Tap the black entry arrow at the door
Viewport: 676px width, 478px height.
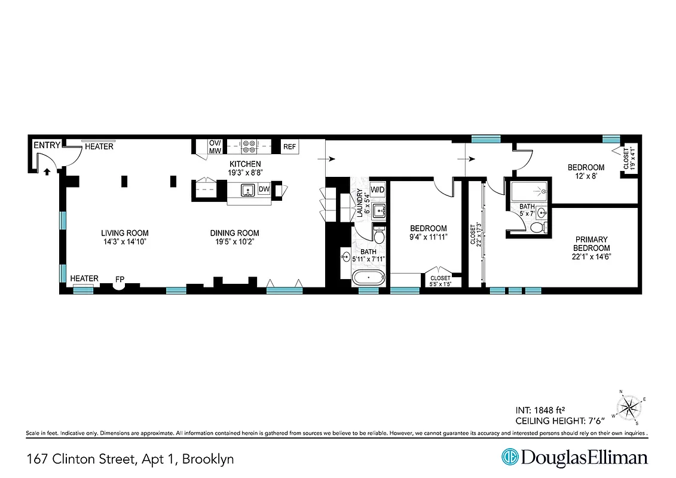(x=47, y=171)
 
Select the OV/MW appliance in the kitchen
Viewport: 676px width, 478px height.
(x=215, y=146)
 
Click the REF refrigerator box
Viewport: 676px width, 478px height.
(x=290, y=146)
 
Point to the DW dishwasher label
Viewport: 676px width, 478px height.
(x=264, y=189)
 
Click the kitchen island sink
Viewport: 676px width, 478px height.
(x=247, y=191)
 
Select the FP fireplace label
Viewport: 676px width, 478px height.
(x=120, y=278)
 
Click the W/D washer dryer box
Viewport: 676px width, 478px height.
(x=377, y=190)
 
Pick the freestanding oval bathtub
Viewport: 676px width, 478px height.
(x=368, y=278)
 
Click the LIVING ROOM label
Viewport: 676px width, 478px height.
(x=124, y=233)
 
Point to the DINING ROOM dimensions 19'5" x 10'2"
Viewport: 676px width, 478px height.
(x=234, y=242)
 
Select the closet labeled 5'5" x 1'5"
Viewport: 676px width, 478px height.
(x=441, y=280)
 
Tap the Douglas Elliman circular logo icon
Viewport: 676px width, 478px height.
(x=510, y=458)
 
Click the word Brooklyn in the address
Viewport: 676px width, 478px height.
(x=207, y=459)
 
